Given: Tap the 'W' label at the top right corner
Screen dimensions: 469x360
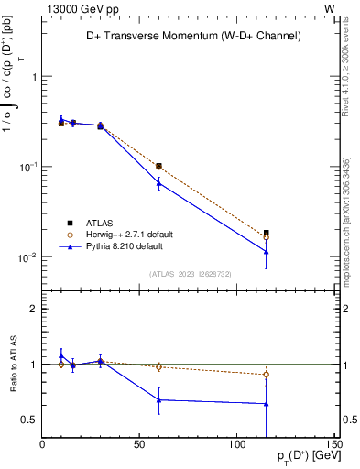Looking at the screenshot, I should click(x=329, y=8).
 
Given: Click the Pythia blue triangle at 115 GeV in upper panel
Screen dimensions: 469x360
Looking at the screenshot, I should click(x=266, y=251).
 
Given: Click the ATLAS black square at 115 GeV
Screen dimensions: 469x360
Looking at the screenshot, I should click(x=266, y=233).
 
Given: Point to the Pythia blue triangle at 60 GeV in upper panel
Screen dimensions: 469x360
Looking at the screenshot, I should click(x=158, y=183).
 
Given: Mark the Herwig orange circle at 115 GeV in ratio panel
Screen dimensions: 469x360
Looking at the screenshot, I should click(x=266, y=374).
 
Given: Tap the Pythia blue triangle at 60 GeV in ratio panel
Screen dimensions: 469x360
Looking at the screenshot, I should click(x=158, y=399).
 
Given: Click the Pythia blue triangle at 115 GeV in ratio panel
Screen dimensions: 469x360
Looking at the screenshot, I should click(x=266, y=403).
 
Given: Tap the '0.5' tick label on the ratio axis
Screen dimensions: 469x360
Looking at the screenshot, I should click(x=29, y=420).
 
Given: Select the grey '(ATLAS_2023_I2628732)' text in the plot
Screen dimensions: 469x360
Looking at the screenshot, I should click(x=190, y=273).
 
